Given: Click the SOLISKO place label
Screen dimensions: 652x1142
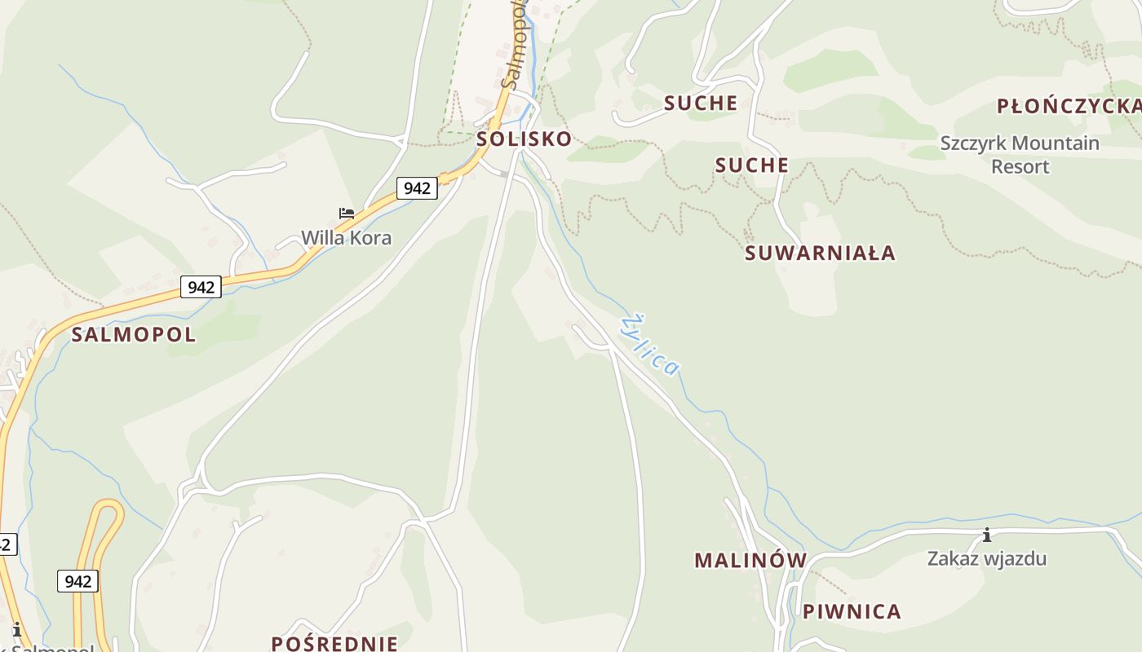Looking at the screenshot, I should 524,139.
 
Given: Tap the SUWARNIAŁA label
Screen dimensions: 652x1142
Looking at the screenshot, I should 820,253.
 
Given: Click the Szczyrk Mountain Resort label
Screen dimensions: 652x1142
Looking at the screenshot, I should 1020,155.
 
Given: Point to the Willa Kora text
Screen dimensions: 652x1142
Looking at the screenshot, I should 346,238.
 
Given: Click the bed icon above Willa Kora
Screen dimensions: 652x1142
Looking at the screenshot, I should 347,214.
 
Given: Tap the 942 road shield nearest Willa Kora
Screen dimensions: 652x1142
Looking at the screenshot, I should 417,188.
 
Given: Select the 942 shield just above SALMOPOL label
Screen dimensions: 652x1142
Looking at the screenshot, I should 201,287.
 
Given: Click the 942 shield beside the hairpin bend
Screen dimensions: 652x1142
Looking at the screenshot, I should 77,581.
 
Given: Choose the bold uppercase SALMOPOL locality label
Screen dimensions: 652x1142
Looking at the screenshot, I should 134,334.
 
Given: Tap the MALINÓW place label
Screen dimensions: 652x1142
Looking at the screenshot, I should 750,561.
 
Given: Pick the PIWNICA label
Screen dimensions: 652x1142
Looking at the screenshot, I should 852,612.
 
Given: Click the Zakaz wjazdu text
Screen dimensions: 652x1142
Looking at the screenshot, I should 986,559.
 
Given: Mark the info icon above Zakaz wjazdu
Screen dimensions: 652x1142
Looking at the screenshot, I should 986,535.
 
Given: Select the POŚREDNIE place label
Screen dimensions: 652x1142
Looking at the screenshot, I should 334,643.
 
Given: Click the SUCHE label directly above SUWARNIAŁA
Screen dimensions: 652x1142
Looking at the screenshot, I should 751,165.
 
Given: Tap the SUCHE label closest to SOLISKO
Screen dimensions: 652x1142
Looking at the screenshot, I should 700,104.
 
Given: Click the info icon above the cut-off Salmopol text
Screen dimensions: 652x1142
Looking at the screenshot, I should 16,629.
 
